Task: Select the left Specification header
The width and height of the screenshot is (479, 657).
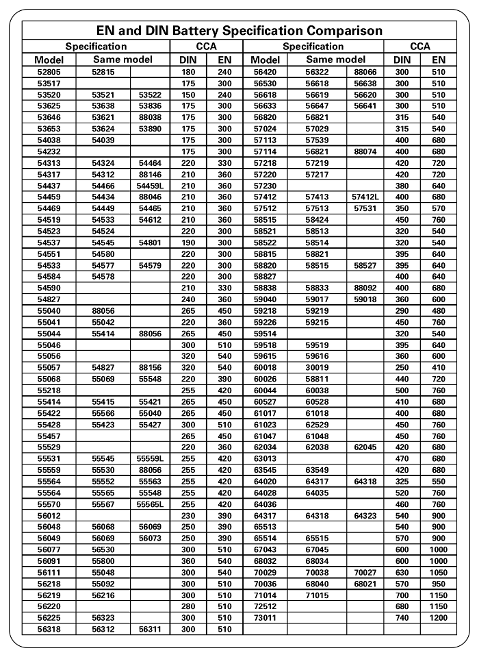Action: pyautogui.click(x=96, y=47)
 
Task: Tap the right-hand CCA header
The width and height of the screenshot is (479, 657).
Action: pyautogui.click(x=420, y=47)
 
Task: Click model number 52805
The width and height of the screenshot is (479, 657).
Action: pyautogui.click(x=49, y=71)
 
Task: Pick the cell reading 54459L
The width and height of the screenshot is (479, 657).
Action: pyautogui.click(x=150, y=186)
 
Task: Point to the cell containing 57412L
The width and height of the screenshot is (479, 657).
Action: pyautogui.click(x=365, y=197)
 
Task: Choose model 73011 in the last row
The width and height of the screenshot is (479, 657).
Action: pyautogui.click(x=265, y=618)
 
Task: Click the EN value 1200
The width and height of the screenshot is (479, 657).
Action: pyautogui.click(x=438, y=618)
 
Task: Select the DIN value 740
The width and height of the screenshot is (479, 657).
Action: pyautogui.click(x=402, y=618)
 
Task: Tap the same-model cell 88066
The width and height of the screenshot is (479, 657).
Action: pyautogui.click(x=365, y=71)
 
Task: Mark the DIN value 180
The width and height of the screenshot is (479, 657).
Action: pyautogui.click(x=188, y=71)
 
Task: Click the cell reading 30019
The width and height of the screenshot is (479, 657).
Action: pyautogui.click(x=318, y=367)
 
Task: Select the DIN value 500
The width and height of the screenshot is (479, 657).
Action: pyautogui.click(x=402, y=390)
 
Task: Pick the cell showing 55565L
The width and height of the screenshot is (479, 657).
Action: pyautogui.click(x=150, y=504)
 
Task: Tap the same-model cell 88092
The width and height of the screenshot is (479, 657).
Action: pyautogui.click(x=365, y=288)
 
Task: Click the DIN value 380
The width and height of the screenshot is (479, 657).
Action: pyautogui.click(x=402, y=186)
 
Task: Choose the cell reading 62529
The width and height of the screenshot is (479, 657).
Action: pyautogui.click(x=318, y=424)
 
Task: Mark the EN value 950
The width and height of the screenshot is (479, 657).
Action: pyautogui.click(x=438, y=584)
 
